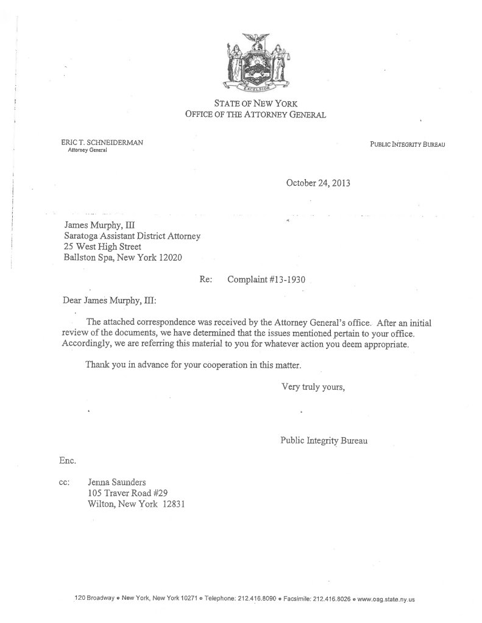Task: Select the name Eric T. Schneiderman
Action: (102, 143)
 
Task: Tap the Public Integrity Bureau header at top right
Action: (407, 144)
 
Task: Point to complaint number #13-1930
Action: (266, 280)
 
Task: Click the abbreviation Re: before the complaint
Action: (205, 280)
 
